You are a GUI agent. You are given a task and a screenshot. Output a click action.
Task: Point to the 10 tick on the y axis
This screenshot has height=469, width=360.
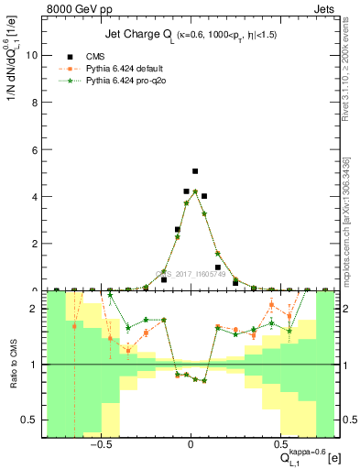click(x=34, y=55)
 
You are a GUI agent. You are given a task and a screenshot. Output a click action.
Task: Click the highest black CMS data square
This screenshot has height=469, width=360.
click(x=195, y=171)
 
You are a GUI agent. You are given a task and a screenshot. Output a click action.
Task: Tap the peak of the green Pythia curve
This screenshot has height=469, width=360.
click(x=195, y=191)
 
